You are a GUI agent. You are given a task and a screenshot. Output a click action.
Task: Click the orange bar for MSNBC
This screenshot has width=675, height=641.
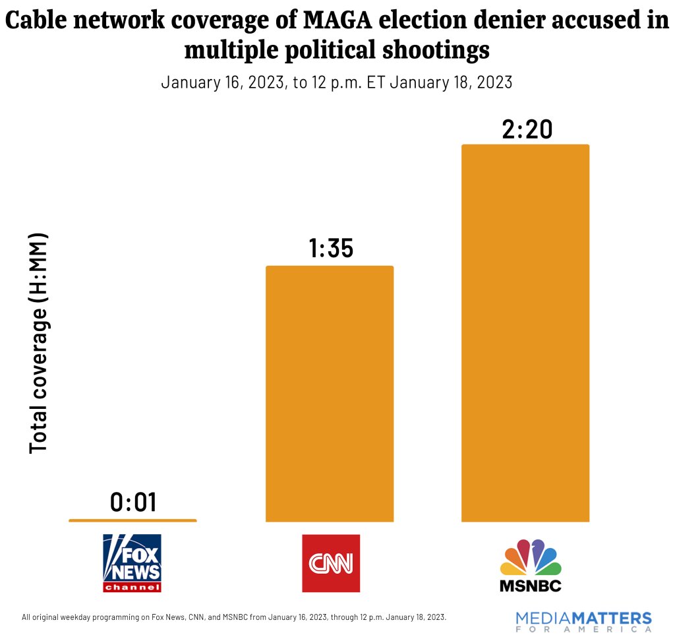pyautogui.click(x=525, y=333)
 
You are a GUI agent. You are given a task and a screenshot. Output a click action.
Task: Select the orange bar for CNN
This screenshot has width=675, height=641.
pyautogui.click(x=329, y=394)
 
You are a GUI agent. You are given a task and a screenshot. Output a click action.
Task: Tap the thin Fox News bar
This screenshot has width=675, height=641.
pyautogui.click(x=132, y=520)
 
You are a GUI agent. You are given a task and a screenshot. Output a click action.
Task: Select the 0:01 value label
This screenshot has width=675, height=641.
pyautogui.click(x=133, y=503)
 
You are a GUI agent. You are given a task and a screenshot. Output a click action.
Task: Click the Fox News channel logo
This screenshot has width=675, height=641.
pyautogui.click(x=132, y=563)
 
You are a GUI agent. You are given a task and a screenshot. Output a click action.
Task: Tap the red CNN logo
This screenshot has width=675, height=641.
pyautogui.click(x=330, y=563)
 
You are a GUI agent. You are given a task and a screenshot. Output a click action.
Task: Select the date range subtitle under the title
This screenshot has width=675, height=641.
pyautogui.click(x=336, y=83)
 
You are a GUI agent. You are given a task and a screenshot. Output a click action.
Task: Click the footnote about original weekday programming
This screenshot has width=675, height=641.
pyautogui.click(x=234, y=618)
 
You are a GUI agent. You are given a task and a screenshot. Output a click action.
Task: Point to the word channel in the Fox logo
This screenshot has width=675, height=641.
pyautogui.click(x=132, y=587)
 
